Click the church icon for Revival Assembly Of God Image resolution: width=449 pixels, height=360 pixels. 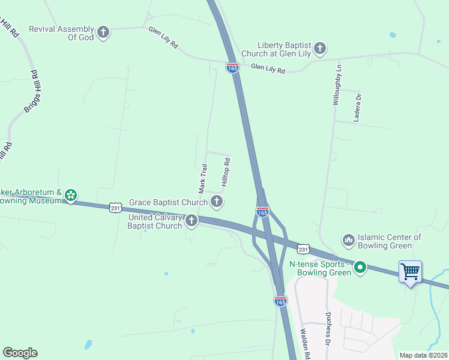[104, 32]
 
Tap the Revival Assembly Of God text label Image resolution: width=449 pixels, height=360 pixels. [62, 33]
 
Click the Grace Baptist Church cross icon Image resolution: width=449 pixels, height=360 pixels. [217, 202]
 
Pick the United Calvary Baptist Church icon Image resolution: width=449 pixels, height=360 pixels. [191, 221]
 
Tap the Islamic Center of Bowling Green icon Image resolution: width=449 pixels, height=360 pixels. [348, 241]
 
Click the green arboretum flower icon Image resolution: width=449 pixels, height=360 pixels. [71, 195]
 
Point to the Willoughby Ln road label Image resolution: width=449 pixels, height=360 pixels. [338, 86]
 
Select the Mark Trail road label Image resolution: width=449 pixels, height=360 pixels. [203, 178]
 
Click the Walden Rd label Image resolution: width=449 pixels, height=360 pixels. [305, 346]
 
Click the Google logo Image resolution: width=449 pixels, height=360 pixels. [20, 353]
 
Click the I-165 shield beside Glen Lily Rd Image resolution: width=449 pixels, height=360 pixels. [233, 68]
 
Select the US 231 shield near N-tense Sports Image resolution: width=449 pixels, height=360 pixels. [303, 248]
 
